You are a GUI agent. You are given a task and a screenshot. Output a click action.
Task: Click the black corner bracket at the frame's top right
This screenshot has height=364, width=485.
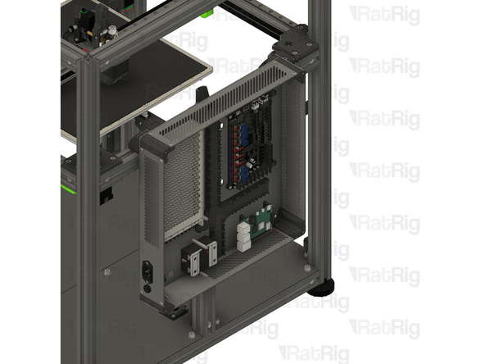295,45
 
